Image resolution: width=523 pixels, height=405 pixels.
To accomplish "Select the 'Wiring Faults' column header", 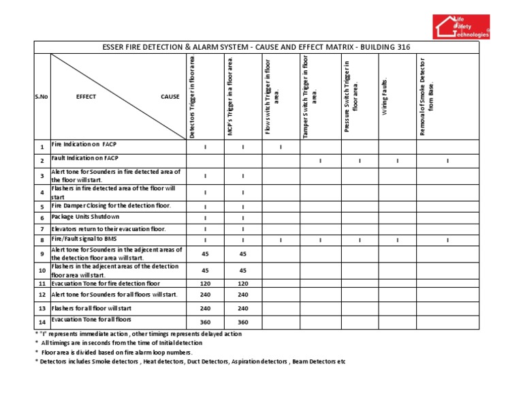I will coord(385,96).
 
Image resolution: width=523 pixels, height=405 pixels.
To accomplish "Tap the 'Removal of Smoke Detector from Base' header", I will coord(427,96).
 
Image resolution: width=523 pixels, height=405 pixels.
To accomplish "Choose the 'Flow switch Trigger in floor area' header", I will coord(272,96).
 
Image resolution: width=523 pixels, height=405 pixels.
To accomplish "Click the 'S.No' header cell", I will coord(41,97).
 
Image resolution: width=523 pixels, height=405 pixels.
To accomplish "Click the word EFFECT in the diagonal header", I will coord(86,97).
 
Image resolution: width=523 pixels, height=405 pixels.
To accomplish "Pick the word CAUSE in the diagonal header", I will coord(170,97).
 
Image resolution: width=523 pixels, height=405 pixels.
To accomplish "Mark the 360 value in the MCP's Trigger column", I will coord(242,322).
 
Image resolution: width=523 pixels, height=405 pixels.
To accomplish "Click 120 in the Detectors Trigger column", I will coord(206,283).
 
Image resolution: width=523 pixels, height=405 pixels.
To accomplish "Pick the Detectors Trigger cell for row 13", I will coord(206,308).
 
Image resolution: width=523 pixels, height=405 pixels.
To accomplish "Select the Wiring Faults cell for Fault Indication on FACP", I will coord(398,160).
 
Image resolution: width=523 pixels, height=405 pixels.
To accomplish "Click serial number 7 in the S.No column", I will coord(42,229).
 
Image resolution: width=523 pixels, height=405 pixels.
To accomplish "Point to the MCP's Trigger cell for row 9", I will coord(242,254).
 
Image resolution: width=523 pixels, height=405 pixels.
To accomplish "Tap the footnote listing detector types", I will coord(190,361).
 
